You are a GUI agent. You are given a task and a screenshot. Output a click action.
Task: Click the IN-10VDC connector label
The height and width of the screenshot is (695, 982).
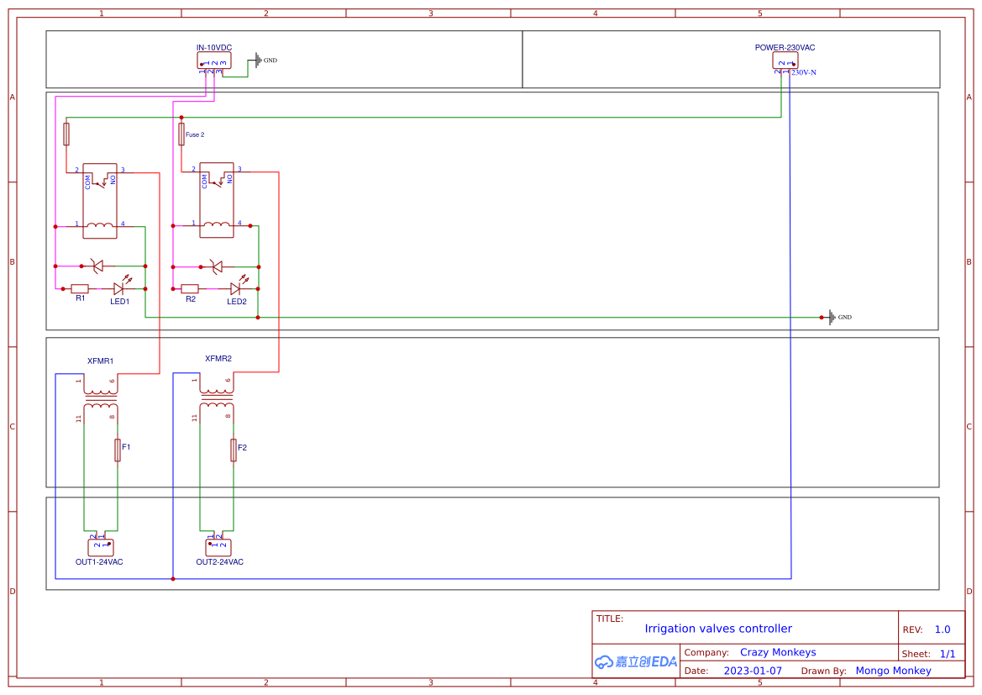click(214, 48)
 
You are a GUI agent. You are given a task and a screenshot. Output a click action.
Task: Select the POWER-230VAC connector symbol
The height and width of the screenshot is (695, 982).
click(785, 61)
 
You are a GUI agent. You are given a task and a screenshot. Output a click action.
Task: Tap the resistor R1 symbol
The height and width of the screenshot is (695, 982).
click(80, 288)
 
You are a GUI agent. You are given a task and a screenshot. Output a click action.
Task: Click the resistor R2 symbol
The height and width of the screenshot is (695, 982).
click(191, 288)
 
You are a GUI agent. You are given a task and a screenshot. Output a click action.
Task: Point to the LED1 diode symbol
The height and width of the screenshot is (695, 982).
click(119, 288)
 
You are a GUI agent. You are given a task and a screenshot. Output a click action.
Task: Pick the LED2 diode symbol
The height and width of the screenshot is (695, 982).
click(236, 288)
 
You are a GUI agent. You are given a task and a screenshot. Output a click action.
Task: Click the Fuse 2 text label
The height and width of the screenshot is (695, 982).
click(195, 134)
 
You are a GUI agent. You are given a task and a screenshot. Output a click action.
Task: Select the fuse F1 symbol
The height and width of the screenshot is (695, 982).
click(118, 450)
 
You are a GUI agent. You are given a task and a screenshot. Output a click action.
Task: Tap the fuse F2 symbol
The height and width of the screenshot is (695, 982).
click(234, 450)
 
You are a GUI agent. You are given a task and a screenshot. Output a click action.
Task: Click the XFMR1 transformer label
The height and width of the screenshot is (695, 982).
click(100, 361)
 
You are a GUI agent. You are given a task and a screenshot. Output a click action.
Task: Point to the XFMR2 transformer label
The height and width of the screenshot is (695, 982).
click(218, 359)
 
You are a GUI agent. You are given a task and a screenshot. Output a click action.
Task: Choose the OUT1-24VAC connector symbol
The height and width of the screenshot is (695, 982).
click(100, 547)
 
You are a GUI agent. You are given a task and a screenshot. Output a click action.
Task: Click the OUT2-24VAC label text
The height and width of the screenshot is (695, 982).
click(220, 562)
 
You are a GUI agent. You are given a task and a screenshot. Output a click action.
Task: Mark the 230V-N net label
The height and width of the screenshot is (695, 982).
click(804, 73)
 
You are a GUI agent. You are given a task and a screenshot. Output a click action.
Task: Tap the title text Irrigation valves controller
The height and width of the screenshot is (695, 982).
click(718, 629)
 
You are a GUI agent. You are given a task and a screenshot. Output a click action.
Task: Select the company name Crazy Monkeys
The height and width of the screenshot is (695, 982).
click(778, 652)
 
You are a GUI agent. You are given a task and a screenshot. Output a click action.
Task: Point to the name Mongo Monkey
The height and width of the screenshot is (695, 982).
click(893, 671)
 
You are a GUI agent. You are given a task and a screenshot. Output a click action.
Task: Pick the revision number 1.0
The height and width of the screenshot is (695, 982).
click(943, 629)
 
